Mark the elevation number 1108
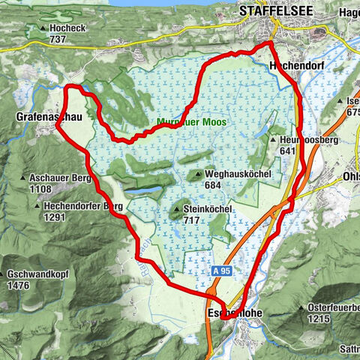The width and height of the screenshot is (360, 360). (40, 190)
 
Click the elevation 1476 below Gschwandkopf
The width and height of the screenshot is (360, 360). (17, 286)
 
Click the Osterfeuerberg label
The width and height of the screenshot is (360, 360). (334, 307)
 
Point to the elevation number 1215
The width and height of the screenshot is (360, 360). (318, 319)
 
